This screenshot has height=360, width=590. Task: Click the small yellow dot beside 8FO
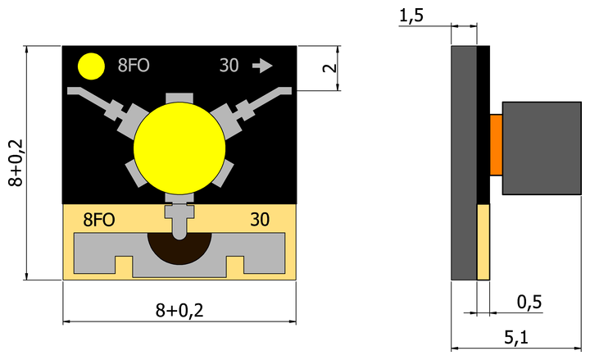tap(91, 66)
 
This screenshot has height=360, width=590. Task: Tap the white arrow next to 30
tap(262, 66)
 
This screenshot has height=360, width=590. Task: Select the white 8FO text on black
tap(134, 66)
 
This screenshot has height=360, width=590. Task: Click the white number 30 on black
tap(229, 66)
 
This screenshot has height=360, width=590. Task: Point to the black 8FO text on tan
tap(99, 220)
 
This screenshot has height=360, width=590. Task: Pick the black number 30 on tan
tap(260, 220)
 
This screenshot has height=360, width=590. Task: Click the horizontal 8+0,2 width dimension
tap(179, 310)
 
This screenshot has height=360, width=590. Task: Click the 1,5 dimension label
tap(411, 15)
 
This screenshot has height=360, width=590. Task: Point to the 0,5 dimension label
tap(529, 302)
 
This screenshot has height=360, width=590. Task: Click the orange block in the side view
tap(495, 145)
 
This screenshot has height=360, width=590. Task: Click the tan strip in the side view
tap(483, 241)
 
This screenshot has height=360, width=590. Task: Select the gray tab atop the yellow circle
tap(179, 99)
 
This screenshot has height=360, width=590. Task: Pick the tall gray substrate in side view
tap(464, 162)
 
